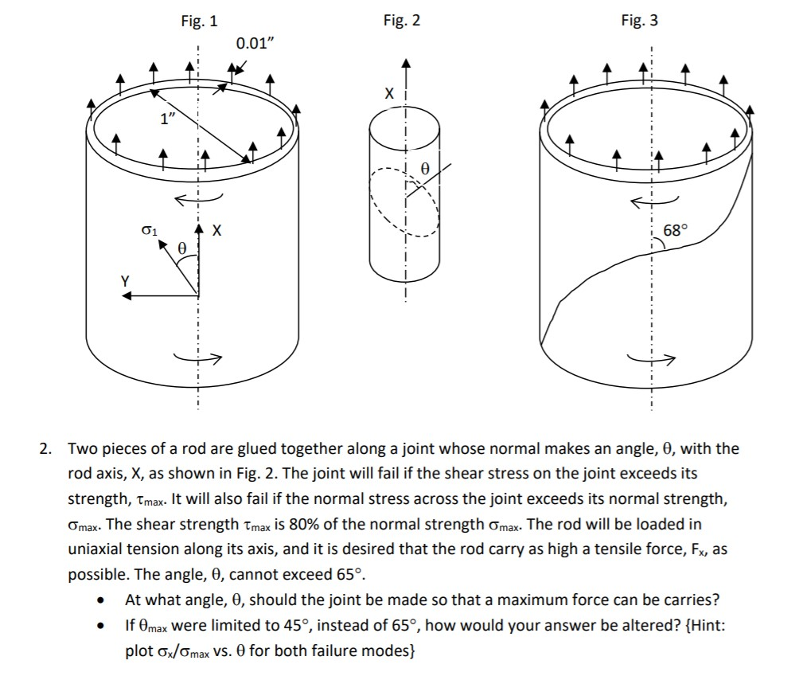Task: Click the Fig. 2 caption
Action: point(401,21)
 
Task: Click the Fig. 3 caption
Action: point(639,21)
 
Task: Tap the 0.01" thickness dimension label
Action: point(255,43)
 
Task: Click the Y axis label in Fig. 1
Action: point(125,279)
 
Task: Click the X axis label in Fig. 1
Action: point(216,231)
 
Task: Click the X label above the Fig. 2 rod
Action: point(388,94)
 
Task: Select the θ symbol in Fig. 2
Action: point(424,169)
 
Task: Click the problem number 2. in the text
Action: point(47,449)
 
